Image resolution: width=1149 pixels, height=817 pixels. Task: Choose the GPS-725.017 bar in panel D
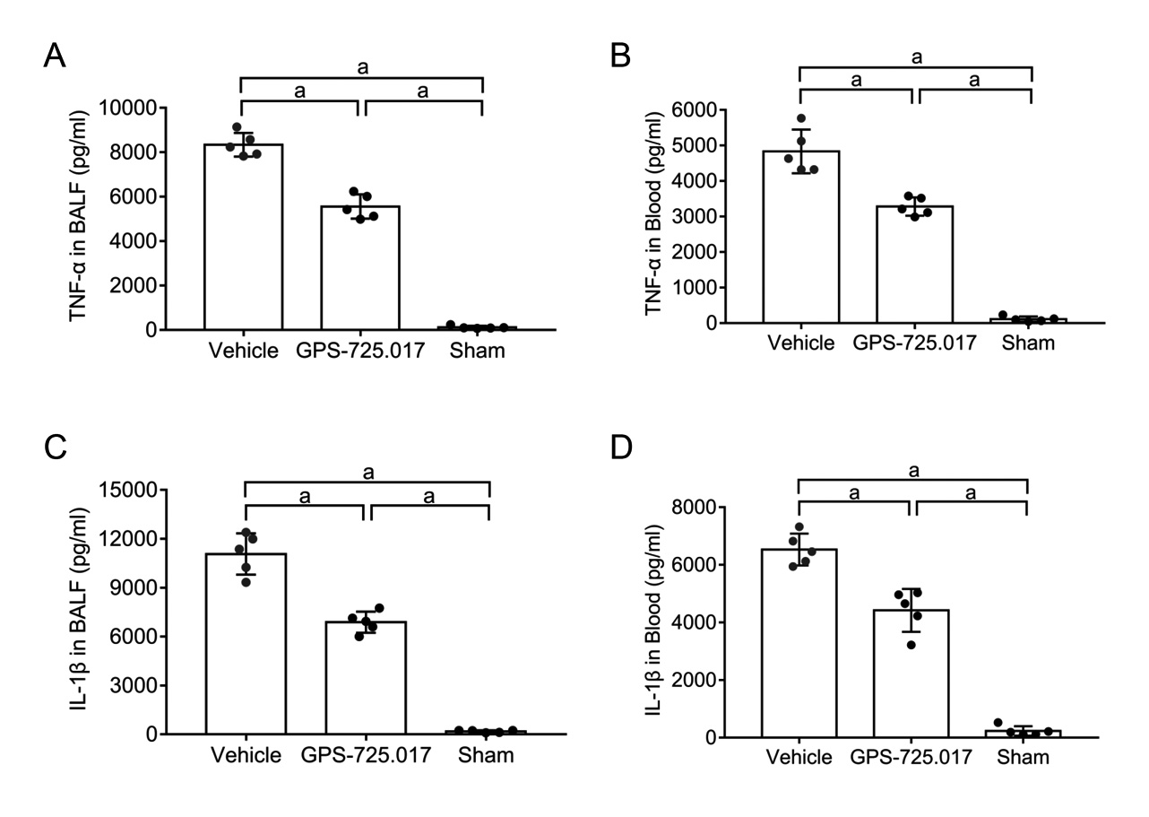coord(910,673)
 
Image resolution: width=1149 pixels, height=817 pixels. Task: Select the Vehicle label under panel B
coord(800,343)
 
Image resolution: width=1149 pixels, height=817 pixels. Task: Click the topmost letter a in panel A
coord(362,68)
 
